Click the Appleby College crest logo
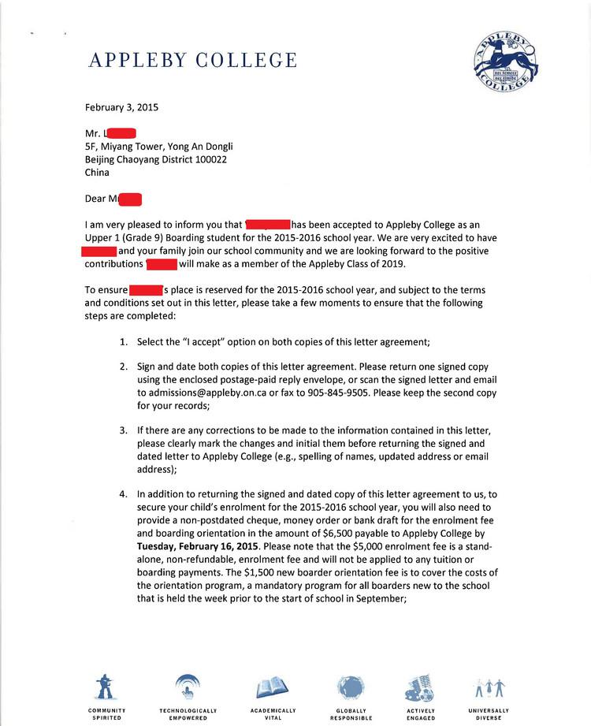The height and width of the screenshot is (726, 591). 506,61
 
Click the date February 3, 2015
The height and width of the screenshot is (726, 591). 121,107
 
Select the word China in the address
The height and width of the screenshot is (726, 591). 97,172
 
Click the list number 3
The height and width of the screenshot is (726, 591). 123,430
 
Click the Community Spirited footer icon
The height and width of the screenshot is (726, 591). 106,688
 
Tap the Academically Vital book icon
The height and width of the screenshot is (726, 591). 267,689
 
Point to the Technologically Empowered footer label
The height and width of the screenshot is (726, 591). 188,714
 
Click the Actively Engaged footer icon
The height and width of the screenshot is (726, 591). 420,688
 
